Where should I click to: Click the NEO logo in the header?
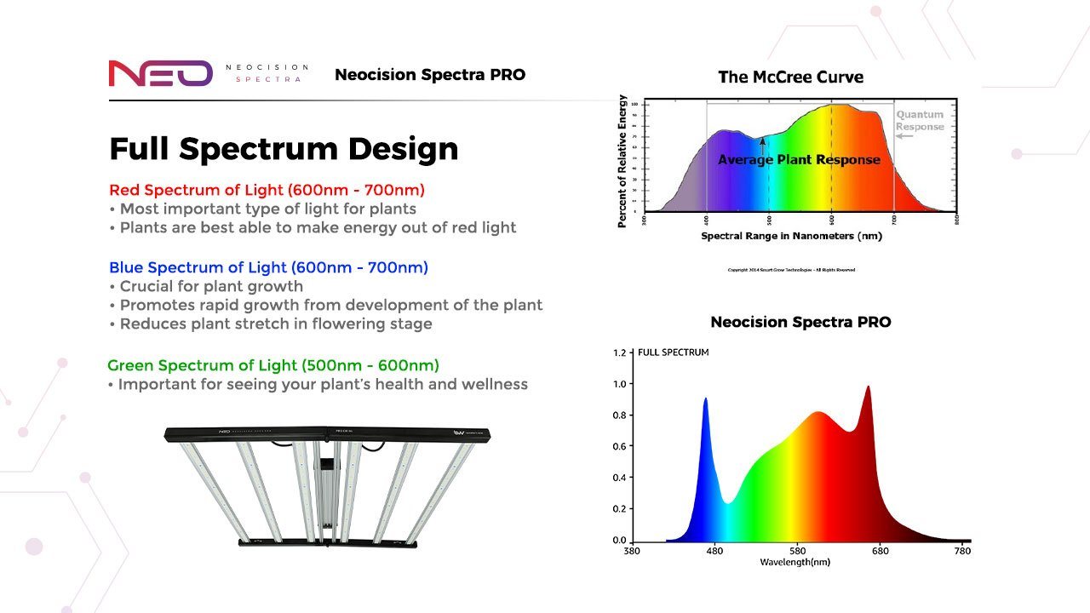point(160,73)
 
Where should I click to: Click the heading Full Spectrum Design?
point(284,148)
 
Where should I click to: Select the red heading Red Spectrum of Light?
point(267,189)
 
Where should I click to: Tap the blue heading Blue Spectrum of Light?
point(268,267)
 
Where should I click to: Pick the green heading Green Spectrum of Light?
point(272,365)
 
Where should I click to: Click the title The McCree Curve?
point(790,77)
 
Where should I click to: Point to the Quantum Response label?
point(920,120)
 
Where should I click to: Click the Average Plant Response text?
point(799,159)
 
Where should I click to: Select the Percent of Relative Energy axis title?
point(622,161)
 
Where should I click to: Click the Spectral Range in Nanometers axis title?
point(791,236)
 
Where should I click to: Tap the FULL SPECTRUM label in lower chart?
point(673,352)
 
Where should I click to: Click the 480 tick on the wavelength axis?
point(714,551)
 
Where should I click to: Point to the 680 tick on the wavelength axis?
point(880,551)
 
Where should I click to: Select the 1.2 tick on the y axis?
point(619,352)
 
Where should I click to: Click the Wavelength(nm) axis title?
point(795,562)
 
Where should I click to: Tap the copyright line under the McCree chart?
point(791,270)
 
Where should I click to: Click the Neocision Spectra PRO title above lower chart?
point(800,322)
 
